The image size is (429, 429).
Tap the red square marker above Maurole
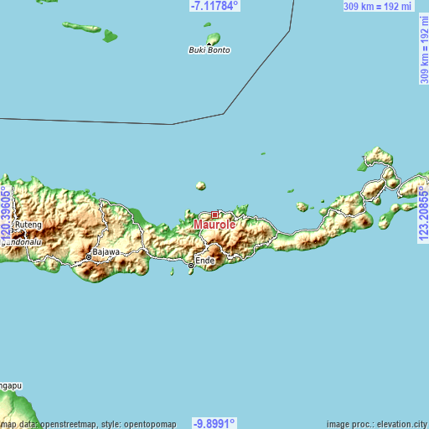214,214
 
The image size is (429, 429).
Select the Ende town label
206,261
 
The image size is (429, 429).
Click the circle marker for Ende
191,266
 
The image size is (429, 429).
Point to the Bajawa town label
106,251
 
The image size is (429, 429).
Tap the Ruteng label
28,225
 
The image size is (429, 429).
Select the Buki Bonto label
209,50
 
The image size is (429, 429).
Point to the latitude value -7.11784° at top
214,6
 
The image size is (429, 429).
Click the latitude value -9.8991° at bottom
214,423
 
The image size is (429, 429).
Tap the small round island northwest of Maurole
200,186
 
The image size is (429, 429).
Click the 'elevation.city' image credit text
397,423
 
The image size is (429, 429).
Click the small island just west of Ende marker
173,271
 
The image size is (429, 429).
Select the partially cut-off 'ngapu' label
11,386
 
